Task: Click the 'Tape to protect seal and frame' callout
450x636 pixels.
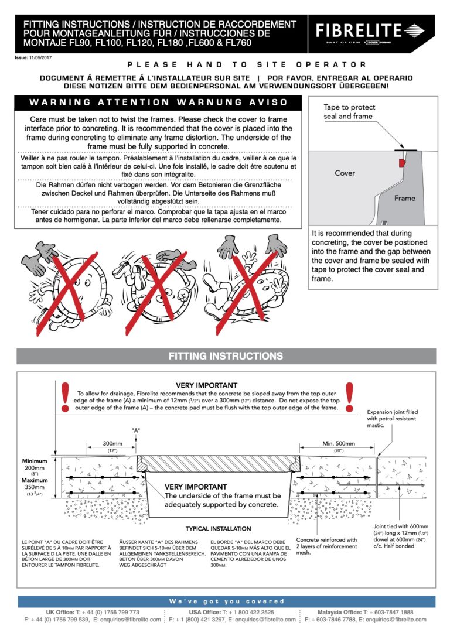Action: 350,112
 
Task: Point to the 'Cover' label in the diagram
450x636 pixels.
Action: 345,173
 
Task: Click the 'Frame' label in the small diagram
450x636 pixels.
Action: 404,198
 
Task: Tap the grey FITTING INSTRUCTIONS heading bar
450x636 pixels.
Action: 226,356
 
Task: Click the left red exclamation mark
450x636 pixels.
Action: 64,397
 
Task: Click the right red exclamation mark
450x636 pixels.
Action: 350,396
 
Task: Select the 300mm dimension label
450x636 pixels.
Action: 111,444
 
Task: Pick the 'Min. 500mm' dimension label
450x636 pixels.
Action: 339,444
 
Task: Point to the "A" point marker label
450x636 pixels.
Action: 137,430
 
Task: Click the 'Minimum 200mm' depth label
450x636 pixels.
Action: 35,469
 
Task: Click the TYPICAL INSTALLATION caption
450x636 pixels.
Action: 218,529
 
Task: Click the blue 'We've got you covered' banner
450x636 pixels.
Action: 226,601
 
